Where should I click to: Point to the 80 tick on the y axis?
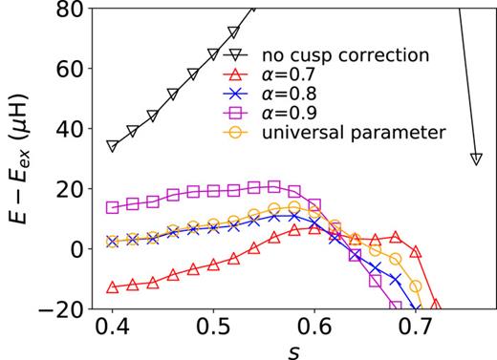click(66, 10)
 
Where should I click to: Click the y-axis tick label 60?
click(66, 69)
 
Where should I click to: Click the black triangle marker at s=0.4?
click(113, 146)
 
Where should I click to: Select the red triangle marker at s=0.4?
click(113, 286)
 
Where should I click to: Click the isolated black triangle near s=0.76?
click(475, 159)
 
